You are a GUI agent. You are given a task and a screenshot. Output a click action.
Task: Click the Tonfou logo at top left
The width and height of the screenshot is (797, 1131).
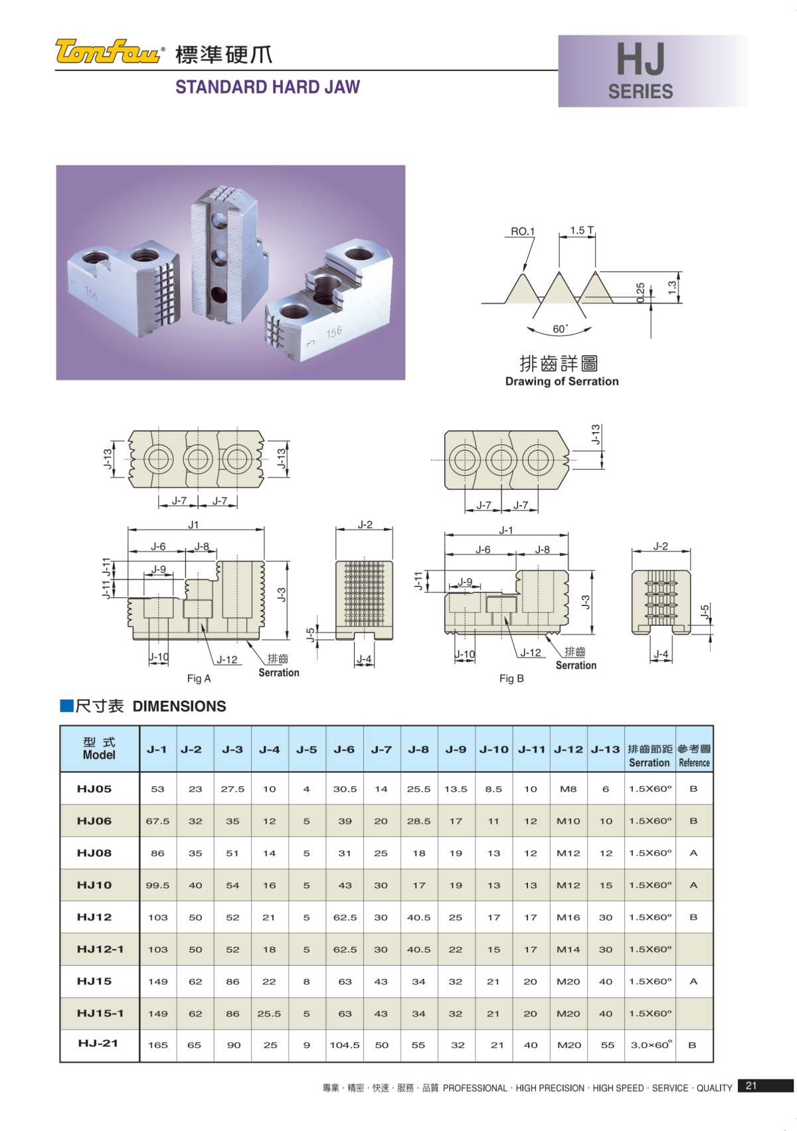108,51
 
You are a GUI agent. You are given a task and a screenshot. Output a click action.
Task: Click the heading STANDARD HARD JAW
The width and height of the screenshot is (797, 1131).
267,87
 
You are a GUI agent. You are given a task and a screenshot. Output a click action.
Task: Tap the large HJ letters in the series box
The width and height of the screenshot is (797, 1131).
640,59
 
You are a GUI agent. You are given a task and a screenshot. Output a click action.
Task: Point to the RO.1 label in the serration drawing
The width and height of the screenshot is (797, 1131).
522,232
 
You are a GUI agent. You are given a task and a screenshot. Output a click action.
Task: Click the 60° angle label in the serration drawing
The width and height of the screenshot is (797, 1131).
560,329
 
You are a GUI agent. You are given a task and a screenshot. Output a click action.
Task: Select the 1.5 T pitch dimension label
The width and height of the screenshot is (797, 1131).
582,230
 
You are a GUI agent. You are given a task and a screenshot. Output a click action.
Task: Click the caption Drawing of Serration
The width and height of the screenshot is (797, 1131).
561,382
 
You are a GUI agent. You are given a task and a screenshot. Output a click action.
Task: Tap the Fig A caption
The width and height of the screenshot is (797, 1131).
199,678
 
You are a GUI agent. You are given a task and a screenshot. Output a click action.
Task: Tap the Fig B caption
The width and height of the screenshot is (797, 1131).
511,678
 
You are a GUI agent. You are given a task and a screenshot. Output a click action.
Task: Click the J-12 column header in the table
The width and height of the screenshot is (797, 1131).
568,749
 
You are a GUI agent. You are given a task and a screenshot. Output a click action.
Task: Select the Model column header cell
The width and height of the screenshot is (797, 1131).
100,749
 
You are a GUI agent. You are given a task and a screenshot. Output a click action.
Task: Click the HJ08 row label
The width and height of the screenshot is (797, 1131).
94,853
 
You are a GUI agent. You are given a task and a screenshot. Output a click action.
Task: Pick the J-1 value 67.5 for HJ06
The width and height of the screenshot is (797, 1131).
157,821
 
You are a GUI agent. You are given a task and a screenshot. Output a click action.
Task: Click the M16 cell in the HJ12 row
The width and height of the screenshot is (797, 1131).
568,917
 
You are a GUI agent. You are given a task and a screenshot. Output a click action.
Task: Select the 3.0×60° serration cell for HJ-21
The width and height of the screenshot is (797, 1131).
651,1045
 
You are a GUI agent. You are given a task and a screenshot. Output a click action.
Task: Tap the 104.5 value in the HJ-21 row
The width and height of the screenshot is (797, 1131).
345,1045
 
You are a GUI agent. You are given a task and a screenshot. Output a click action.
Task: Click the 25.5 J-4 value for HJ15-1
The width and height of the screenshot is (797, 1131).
269,1014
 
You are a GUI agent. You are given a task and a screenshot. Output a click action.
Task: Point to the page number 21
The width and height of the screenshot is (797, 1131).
751,1086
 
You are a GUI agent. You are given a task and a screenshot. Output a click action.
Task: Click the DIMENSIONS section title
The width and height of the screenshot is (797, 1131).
179,706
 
